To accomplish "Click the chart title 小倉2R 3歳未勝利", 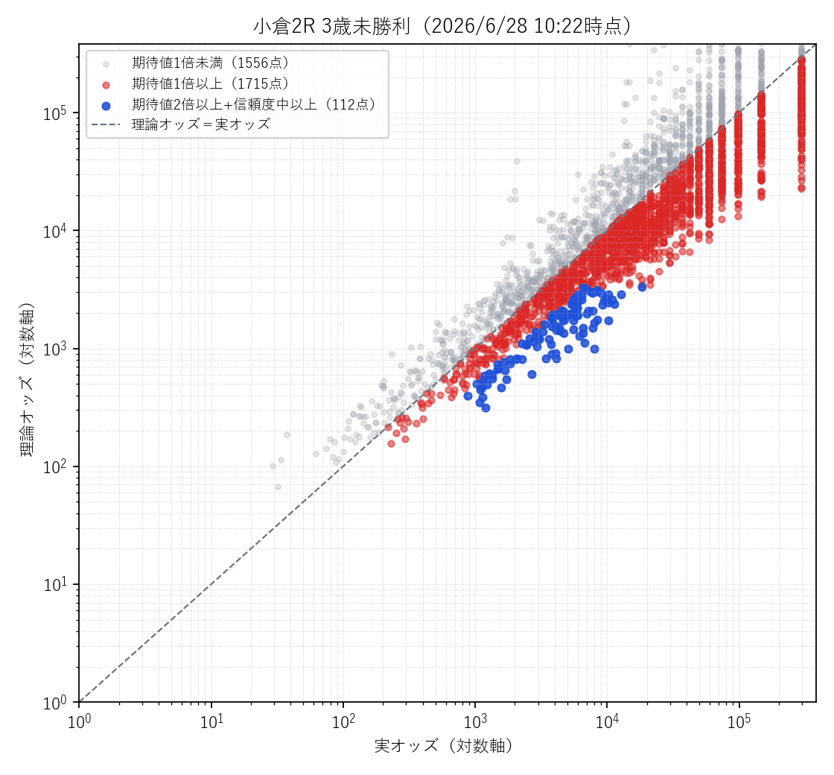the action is click(331, 26).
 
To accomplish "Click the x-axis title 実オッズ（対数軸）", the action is click(444, 746).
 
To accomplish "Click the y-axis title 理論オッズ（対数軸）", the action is click(27, 379).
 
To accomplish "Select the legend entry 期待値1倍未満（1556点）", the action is click(211, 63).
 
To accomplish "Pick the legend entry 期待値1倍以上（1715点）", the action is click(211, 83).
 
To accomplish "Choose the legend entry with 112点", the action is click(254, 104).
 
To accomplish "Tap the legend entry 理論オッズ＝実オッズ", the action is click(201, 124).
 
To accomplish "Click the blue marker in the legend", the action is click(106, 105).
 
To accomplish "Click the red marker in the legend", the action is click(106, 85).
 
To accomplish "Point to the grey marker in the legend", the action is click(106, 64).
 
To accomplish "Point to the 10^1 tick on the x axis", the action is click(211, 722).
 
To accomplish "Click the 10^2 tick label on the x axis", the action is click(343, 722).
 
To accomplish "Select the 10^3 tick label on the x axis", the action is click(475, 722).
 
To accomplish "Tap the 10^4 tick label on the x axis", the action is click(607, 722).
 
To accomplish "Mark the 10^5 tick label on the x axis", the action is click(739, 722).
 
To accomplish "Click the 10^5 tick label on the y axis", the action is click(55, 113).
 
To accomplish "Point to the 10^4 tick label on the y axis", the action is click(55, 230).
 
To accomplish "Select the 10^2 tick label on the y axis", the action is click(55, 466).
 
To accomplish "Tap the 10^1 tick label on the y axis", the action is click(55, 584).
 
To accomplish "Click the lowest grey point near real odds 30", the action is click(278, 487).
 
